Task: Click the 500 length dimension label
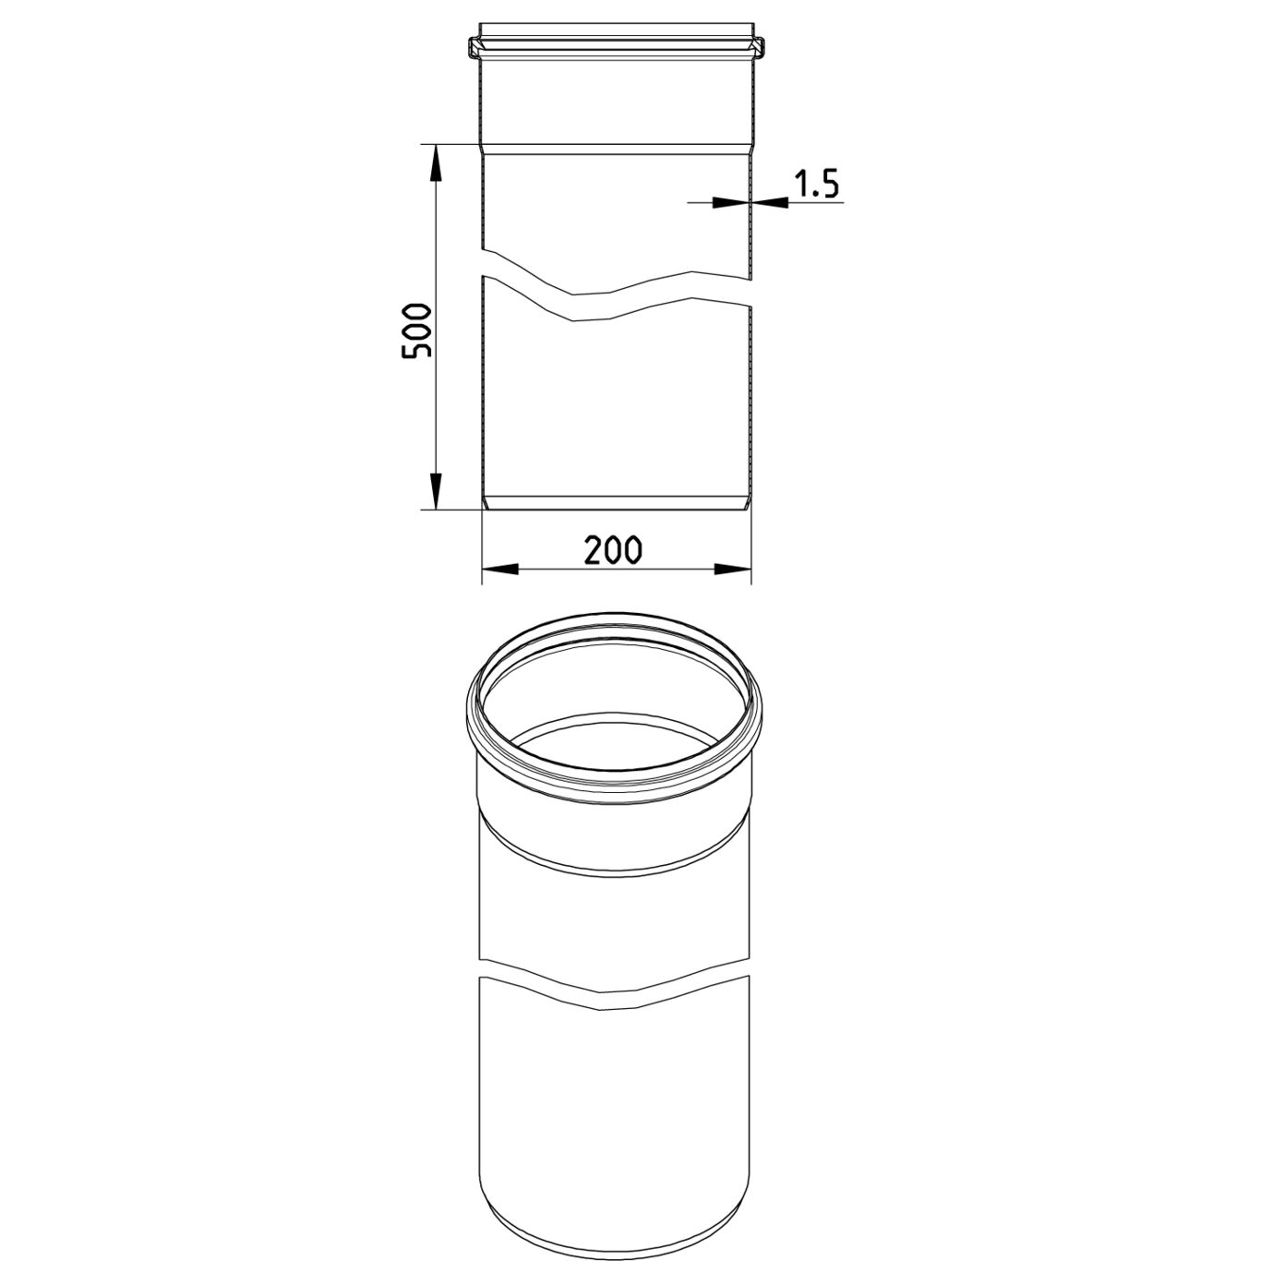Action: [x=416, y=330]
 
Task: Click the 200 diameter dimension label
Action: [x=613, y=550]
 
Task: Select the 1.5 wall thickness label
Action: [x=815, y=184]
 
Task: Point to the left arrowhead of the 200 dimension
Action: [x=500, y=570]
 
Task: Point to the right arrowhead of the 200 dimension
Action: [x=732, y=570]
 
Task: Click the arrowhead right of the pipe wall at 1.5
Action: [x=770, y=203]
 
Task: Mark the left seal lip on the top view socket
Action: [x=475, y=47]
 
